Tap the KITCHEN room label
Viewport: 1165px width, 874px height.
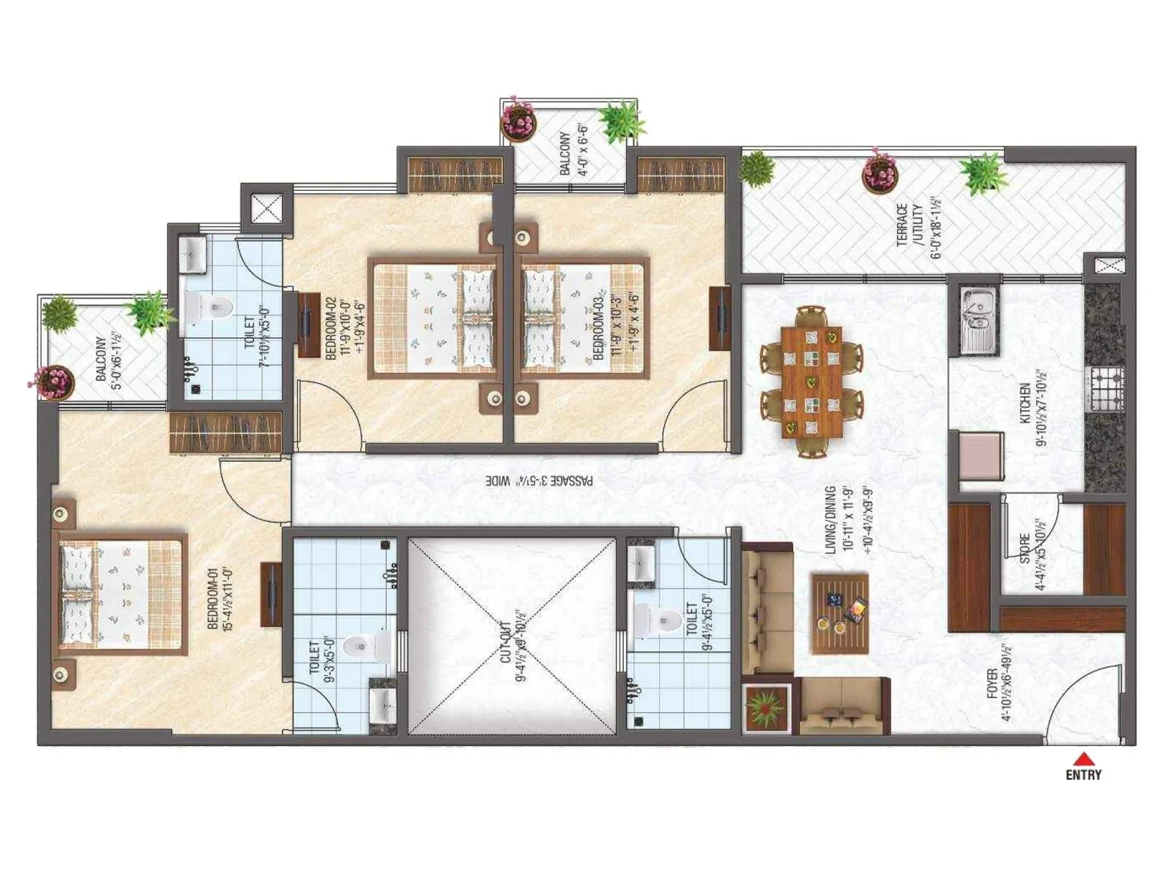pos(1032,414)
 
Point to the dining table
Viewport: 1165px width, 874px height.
pos(811,382)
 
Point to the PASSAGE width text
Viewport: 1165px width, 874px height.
pos(539,481)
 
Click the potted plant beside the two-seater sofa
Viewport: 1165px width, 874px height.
pos(766,706)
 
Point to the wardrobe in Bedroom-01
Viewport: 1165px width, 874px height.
pos(225,432)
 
